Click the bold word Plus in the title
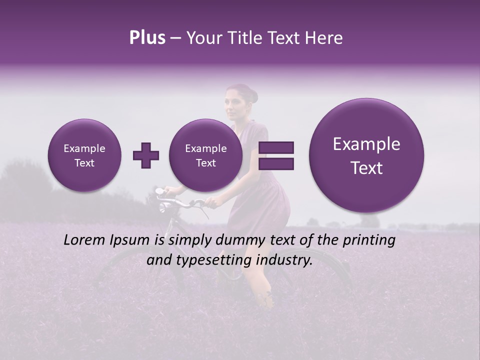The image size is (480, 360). tap(147, 38)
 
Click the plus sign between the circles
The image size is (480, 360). tap(146, 155)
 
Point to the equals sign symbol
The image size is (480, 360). tap(276, 155)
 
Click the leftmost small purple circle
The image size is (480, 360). tap(84, 155)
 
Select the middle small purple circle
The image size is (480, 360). tap(205, 155)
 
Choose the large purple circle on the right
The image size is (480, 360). tap(366, 155)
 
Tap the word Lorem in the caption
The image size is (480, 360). tap(85, 240)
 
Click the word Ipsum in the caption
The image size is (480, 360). tap(131, 240)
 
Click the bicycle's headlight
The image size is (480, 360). tap(159, 191)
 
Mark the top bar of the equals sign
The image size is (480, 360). tap(276, 147)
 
